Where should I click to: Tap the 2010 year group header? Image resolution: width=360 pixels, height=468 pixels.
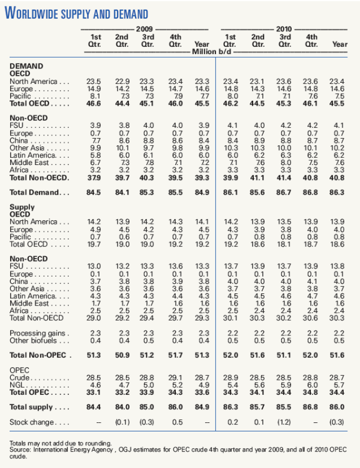pos(284,29)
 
